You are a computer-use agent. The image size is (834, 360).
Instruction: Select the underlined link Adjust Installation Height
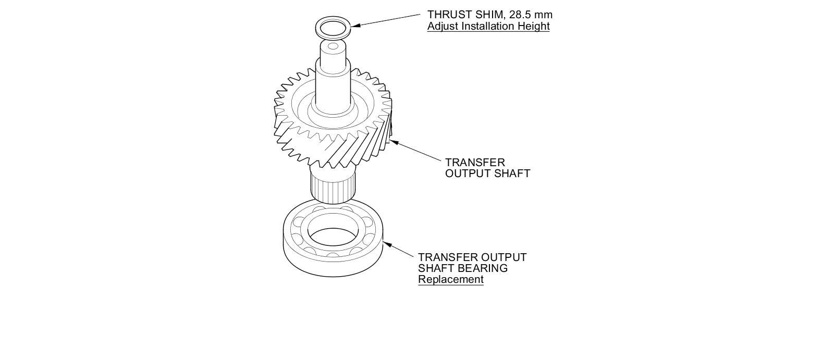tap(488, 27)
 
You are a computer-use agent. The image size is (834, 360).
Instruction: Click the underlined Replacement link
tap(450, 279)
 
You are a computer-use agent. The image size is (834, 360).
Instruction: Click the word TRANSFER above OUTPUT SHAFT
tap(475, 163)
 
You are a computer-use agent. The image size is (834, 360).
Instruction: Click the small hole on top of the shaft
tap(333, 46)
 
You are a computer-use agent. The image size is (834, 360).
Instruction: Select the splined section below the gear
tap(334, 187)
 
